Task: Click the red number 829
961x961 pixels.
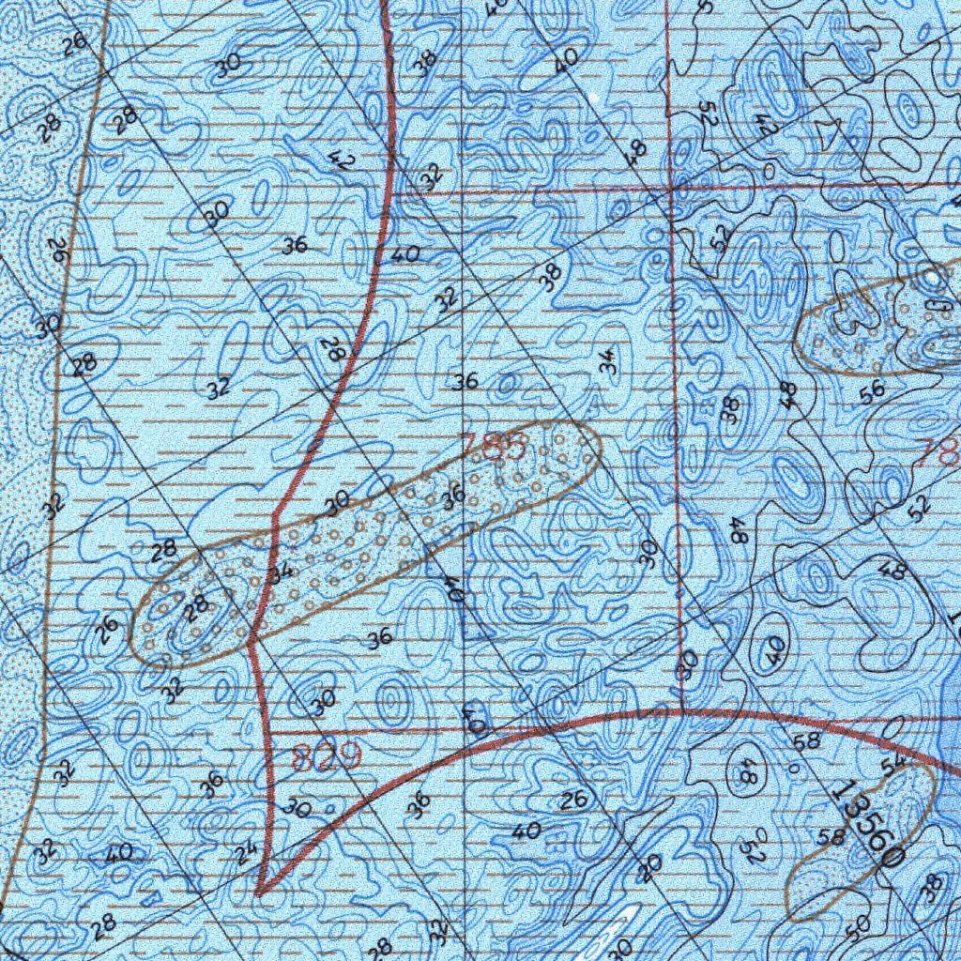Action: [x=326, y=756]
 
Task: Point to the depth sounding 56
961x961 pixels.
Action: [x=872, y=395]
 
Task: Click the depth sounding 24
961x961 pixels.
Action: [x=246, y=853]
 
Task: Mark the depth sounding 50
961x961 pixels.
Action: [x=857, y=927]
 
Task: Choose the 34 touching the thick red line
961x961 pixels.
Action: [x=281, y=572]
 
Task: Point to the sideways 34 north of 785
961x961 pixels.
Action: [x=608, y=361]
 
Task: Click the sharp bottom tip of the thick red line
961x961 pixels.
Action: [x=258, y=894]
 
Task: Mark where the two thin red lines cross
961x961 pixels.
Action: [x=673, y=188]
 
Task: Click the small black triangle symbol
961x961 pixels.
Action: [x=826, y=131]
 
